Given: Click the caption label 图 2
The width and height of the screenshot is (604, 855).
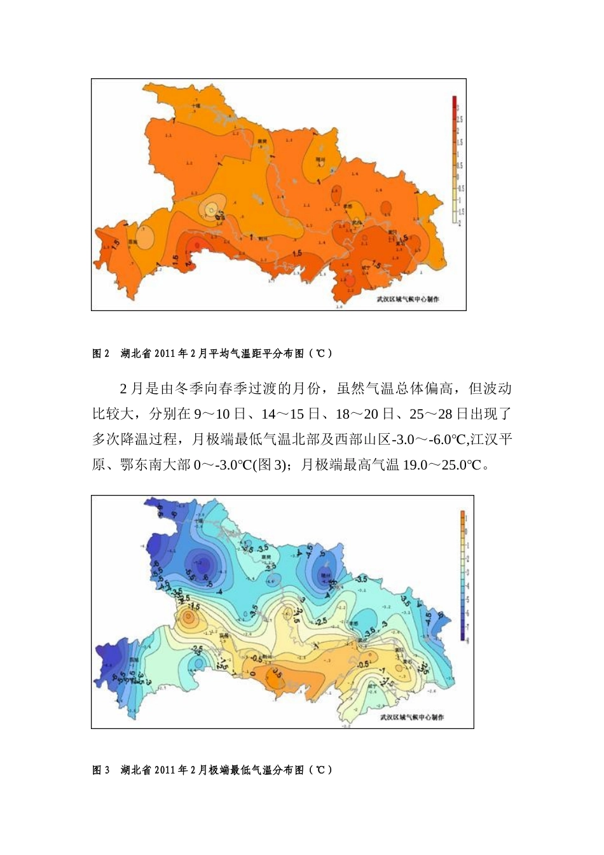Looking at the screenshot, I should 101,354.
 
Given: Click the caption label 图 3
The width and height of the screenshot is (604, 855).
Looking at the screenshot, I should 101,770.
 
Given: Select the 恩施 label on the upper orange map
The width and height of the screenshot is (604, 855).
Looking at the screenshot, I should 133,242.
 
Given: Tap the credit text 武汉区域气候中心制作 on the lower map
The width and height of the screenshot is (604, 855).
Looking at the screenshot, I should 412,717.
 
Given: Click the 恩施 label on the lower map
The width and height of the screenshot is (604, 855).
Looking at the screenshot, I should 134,660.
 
